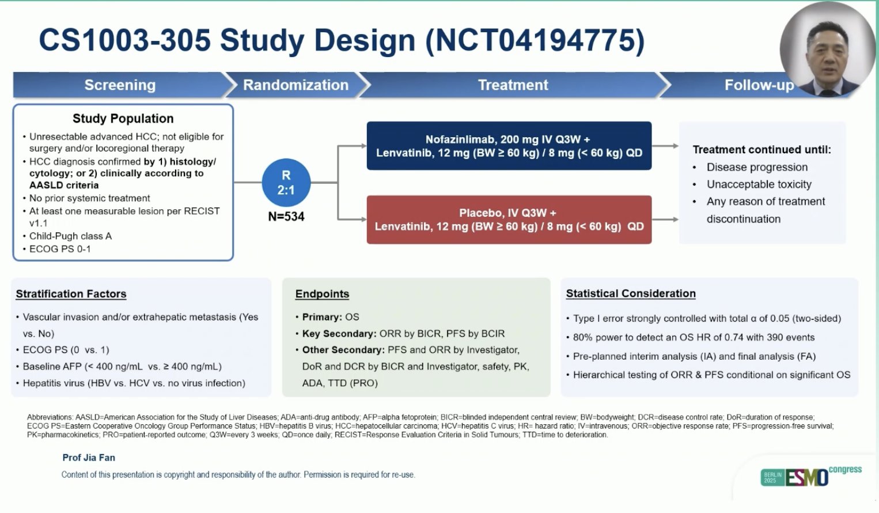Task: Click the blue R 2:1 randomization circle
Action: point(286,183)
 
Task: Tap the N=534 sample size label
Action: point(286,217)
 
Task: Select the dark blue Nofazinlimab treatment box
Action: point(509,146)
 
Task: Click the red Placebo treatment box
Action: point(509,220)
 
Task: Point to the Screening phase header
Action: point(120,85)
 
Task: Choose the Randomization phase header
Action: point(295,85)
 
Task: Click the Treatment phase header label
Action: point(513,85)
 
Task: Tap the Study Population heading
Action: point(123,119)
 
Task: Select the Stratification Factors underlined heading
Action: point(71,294)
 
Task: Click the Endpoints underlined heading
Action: point(322,294)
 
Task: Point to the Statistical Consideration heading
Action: point(631,293)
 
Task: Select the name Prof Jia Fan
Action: point(89,458)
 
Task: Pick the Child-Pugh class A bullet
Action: point(70,236)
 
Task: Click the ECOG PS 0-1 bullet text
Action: point(60,249)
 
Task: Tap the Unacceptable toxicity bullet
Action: point(759,184)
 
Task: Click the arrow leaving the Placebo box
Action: point(665,220)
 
